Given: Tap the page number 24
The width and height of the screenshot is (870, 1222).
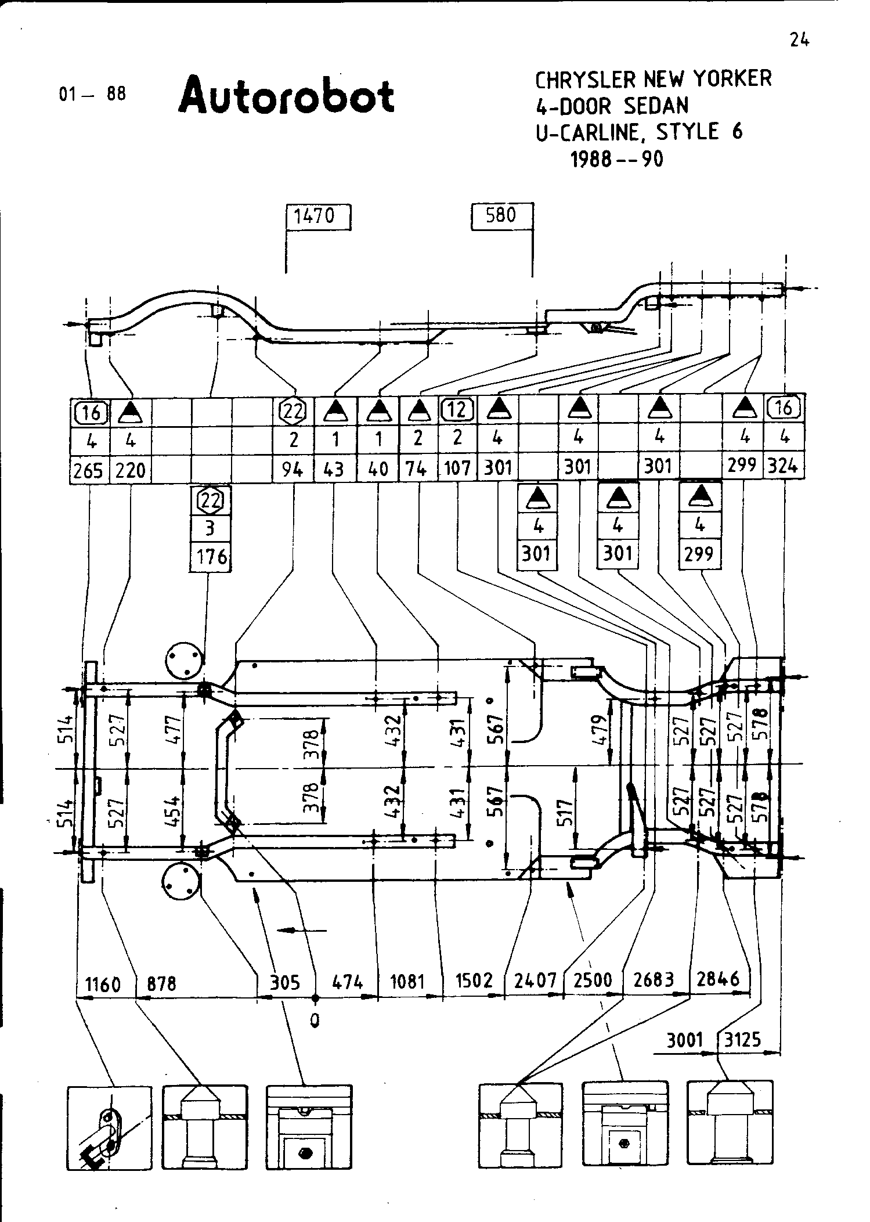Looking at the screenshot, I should (799, 39).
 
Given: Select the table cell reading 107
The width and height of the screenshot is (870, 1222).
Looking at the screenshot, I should (457, 468).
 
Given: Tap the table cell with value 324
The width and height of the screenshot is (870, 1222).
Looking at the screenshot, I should (784, 466).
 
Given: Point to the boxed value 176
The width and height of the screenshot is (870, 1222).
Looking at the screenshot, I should (211, 557).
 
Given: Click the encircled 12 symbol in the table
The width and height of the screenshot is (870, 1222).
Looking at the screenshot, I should (458, 410).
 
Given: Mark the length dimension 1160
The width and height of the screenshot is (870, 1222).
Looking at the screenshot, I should (103, 984).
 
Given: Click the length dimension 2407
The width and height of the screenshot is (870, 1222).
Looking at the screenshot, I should (535, 981).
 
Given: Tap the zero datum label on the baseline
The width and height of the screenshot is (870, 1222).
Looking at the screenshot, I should (315, 1021).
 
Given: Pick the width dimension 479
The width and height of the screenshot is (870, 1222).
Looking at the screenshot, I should (601, 731).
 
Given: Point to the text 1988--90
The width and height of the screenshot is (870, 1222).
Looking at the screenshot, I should (616, 159).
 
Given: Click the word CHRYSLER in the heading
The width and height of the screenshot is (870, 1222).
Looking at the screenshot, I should (584, 80).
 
